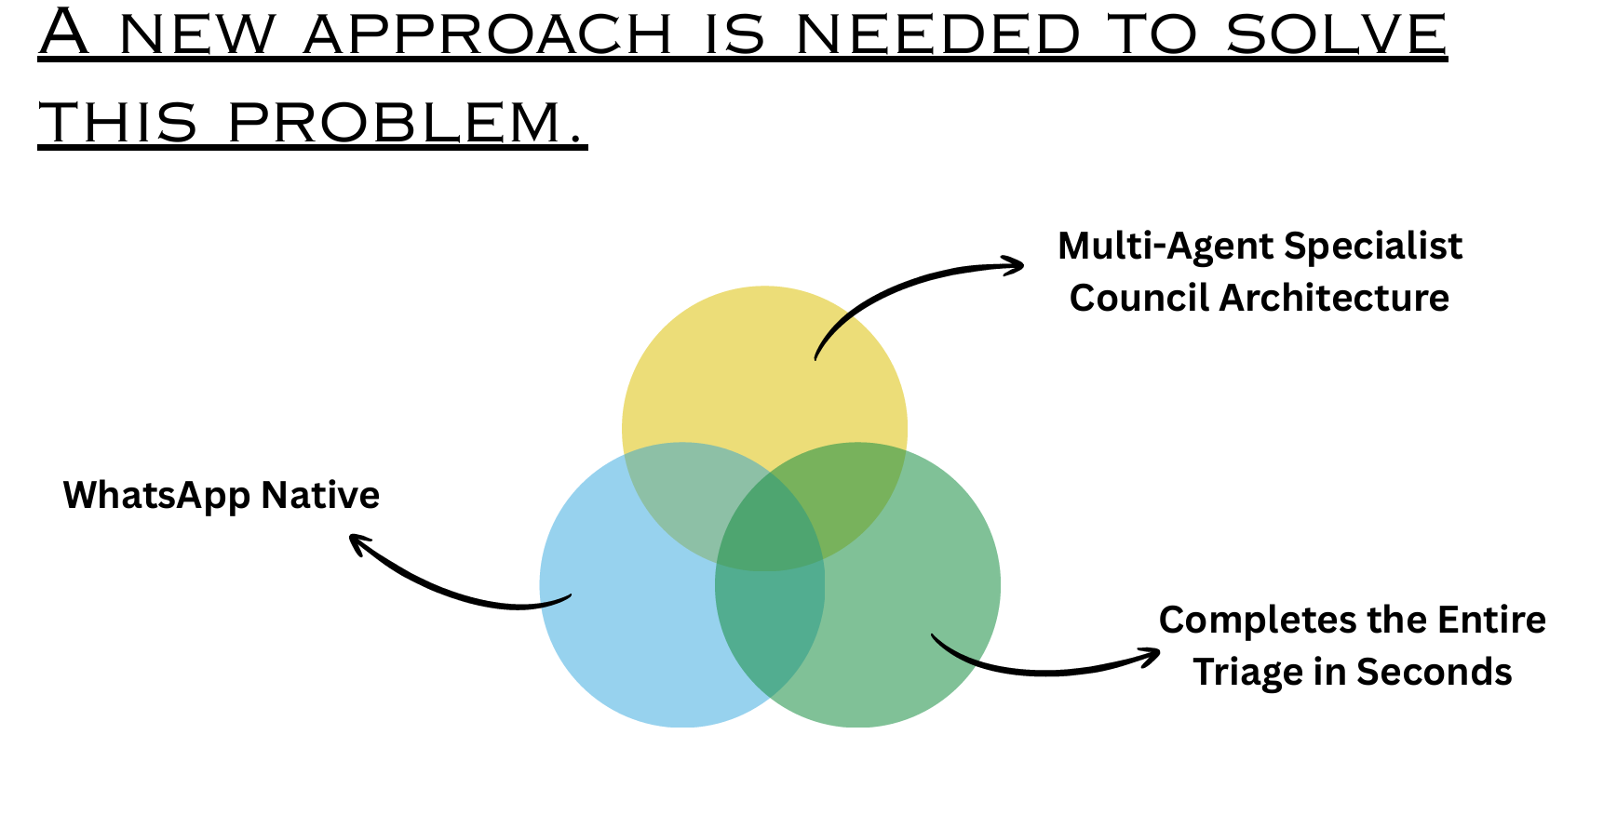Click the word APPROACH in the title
pyautogui.click(x=488, y=34)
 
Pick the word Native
pyautogui.click(x=320, y=495)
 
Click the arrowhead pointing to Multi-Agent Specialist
pyautogui.click(x=1015, y=266)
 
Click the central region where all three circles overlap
pyautogui.click(x=769, y=530)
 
